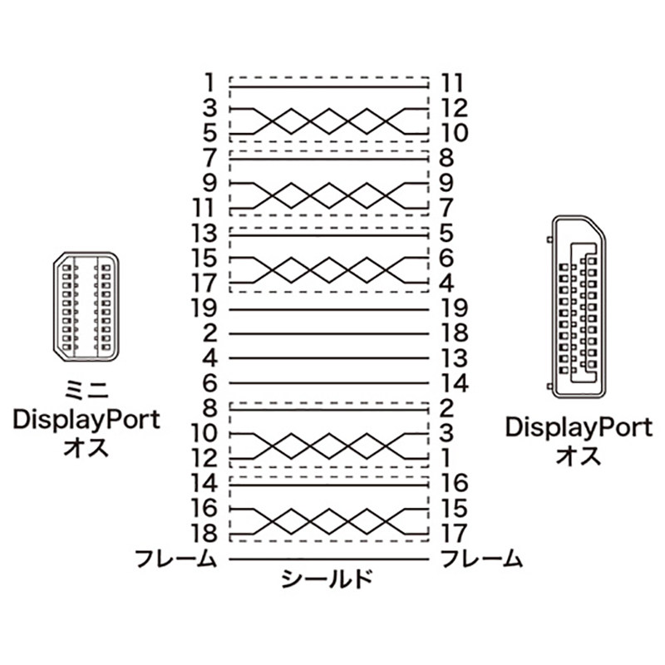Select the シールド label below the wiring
tap(327, 579)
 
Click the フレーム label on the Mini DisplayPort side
tap(177, 558)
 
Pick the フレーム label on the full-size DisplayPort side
tap(481, 558)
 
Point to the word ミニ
tap(86, 390)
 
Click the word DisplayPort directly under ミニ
tap(86, 419)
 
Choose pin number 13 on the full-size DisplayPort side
tap(454, 358)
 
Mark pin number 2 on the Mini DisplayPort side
tap(210, 333)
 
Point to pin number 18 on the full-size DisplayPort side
tap(454, 333)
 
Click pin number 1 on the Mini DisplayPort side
tap(210, 83)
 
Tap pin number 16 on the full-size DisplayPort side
tap(454, 483)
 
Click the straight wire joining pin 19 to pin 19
tap(328, 309)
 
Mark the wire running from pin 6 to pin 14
tap(328, 384)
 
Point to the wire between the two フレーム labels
tap(328, 559)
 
